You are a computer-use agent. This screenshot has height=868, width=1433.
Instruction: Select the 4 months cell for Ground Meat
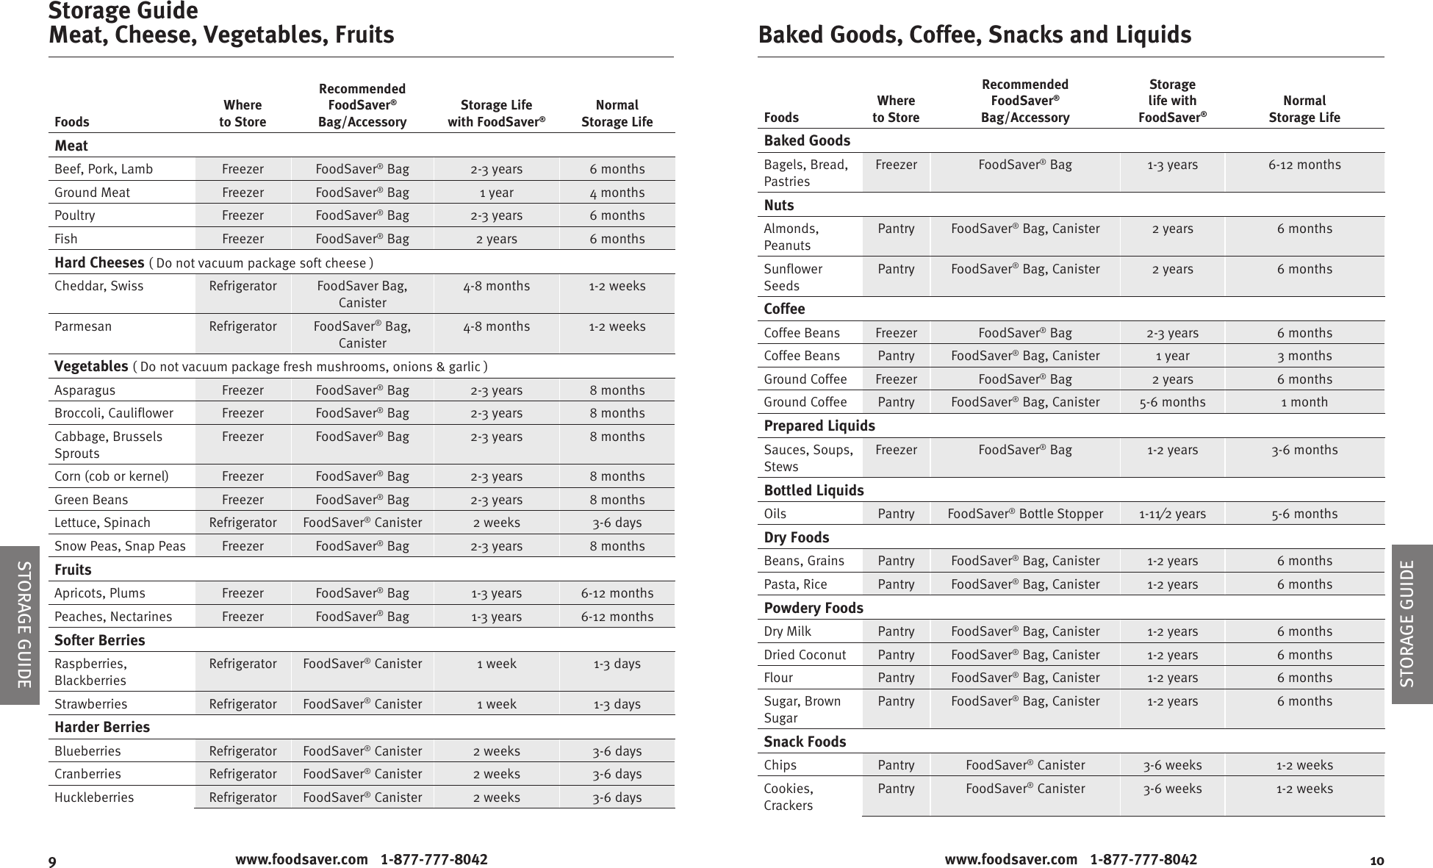point(617,193)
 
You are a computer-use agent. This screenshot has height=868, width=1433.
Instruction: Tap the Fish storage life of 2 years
point(496,239)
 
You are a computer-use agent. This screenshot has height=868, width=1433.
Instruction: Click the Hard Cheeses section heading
point(99,262)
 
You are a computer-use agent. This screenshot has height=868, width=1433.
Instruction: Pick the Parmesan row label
point(83,326)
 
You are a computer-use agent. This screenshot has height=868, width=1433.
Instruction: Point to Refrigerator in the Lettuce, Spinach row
point(243,523)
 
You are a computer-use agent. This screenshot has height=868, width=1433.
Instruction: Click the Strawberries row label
point(90,704)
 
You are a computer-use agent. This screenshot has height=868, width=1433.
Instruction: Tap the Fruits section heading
point(73,570)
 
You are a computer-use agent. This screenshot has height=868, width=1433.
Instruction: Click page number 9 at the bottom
point(52,861)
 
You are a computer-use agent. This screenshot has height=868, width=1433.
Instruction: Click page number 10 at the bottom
point(1376,861)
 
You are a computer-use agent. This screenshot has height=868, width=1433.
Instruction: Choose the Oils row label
point(775,514)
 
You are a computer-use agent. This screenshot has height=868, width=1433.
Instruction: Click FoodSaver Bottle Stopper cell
point(1024,514)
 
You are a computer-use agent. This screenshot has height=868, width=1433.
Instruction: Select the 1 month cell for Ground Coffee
point(1304,402)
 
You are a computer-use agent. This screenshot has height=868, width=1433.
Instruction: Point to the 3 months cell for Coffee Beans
point(1304,356)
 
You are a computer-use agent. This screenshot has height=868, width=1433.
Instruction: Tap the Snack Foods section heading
point(805,742)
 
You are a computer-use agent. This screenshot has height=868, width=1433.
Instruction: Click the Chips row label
point(780,765)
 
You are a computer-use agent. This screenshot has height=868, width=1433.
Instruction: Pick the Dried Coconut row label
point(805,655)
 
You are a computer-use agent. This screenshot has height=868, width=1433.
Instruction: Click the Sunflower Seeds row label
point(792,277)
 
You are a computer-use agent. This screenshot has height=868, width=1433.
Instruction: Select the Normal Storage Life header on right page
point(1304,109)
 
